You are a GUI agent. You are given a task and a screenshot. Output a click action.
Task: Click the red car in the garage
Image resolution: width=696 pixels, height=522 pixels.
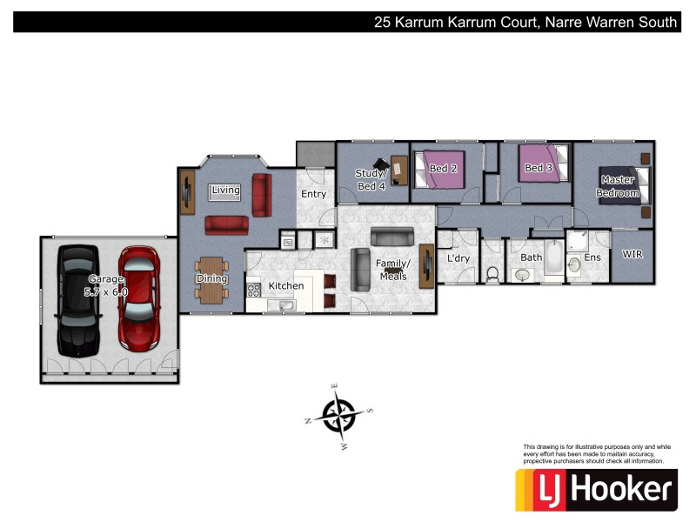pyautogui.click(x=139, y=300)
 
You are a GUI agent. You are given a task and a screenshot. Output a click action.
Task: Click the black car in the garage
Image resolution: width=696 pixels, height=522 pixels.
pyautogui.click(x=77, y=300)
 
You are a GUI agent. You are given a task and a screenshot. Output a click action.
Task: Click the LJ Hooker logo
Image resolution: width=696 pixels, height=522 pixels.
pyautogui.click(x=596, y=490)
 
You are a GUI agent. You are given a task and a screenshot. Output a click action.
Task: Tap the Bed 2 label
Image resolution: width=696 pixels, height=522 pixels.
pyautogui.click(x=443, y=168)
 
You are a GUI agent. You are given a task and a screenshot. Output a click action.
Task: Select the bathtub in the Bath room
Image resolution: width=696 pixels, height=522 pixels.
pyautogui.click(x=554, y=258)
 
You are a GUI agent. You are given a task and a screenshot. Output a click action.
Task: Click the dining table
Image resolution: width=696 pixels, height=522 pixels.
pyautogui.click(x=211, y=278)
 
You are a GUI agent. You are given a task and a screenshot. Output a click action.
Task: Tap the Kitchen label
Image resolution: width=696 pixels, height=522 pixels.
pyautogui.click(x=286, y=285)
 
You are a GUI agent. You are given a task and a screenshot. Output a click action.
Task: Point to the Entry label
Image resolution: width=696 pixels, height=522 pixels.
pyautogui.click(x=313, y=194)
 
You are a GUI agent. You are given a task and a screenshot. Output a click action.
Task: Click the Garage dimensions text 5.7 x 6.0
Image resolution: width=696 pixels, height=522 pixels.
pyautogui.click(x=106, y=292)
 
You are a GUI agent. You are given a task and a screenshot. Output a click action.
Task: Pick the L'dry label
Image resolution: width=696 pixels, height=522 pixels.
pyautogui.click(x=458, y=258)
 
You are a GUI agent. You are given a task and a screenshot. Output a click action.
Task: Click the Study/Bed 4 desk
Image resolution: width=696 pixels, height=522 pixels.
pyautogui.click(x=399, y=169)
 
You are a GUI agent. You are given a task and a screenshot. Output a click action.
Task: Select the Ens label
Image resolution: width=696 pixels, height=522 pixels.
pyautogui.click(x=592, y=258)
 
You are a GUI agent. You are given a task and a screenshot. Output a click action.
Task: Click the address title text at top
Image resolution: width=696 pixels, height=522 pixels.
pyautogui.click(x=525, y=23)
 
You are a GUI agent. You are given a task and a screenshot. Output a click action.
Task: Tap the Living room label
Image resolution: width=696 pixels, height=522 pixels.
pyautogui.click(x=226, y=190)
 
